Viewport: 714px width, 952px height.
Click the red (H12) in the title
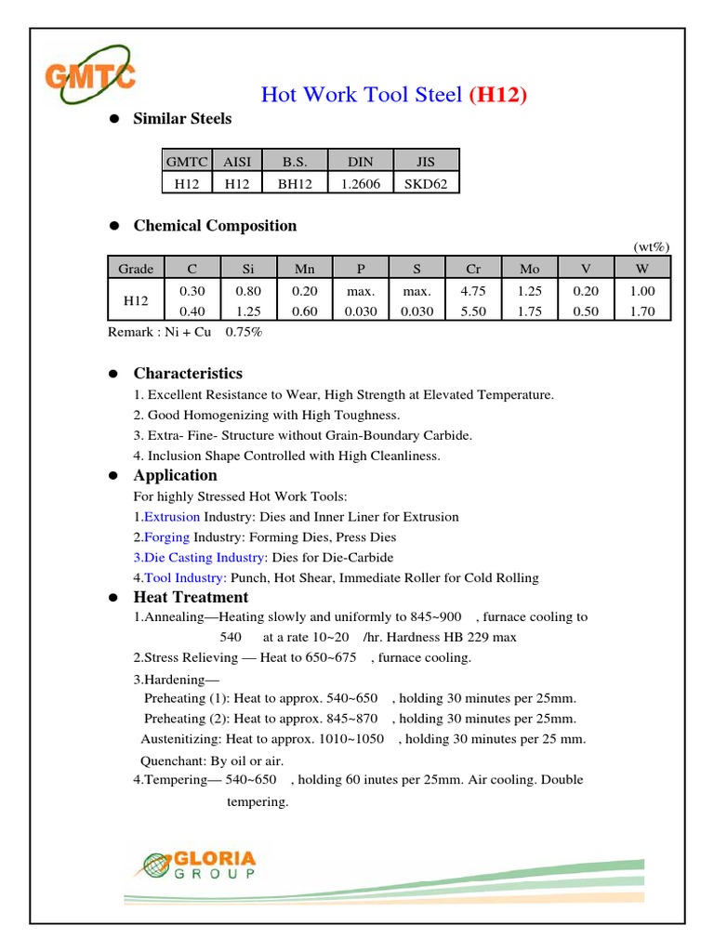click(499, 94)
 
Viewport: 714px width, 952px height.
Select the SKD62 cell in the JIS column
click(427, 183)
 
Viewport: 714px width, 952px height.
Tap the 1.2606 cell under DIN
click(361, 183)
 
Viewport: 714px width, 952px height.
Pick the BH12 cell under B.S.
click(296, 183)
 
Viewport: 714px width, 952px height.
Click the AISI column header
click(238, 161)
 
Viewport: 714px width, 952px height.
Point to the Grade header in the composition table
click(136, 269)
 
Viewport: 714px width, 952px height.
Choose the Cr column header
click(473, 269)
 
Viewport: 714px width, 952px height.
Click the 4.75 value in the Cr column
click(473, 291)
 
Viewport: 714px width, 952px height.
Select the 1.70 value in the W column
click(642, 311)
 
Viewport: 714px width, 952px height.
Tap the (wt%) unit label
click(651, 246)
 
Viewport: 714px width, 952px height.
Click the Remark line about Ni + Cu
click(185, 332)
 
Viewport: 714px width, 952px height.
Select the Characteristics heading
click(188, 374)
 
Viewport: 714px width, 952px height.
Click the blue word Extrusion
click(171, 516)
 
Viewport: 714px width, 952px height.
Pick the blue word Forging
click(167, 536)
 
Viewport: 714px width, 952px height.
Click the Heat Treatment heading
click(191, 597)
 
